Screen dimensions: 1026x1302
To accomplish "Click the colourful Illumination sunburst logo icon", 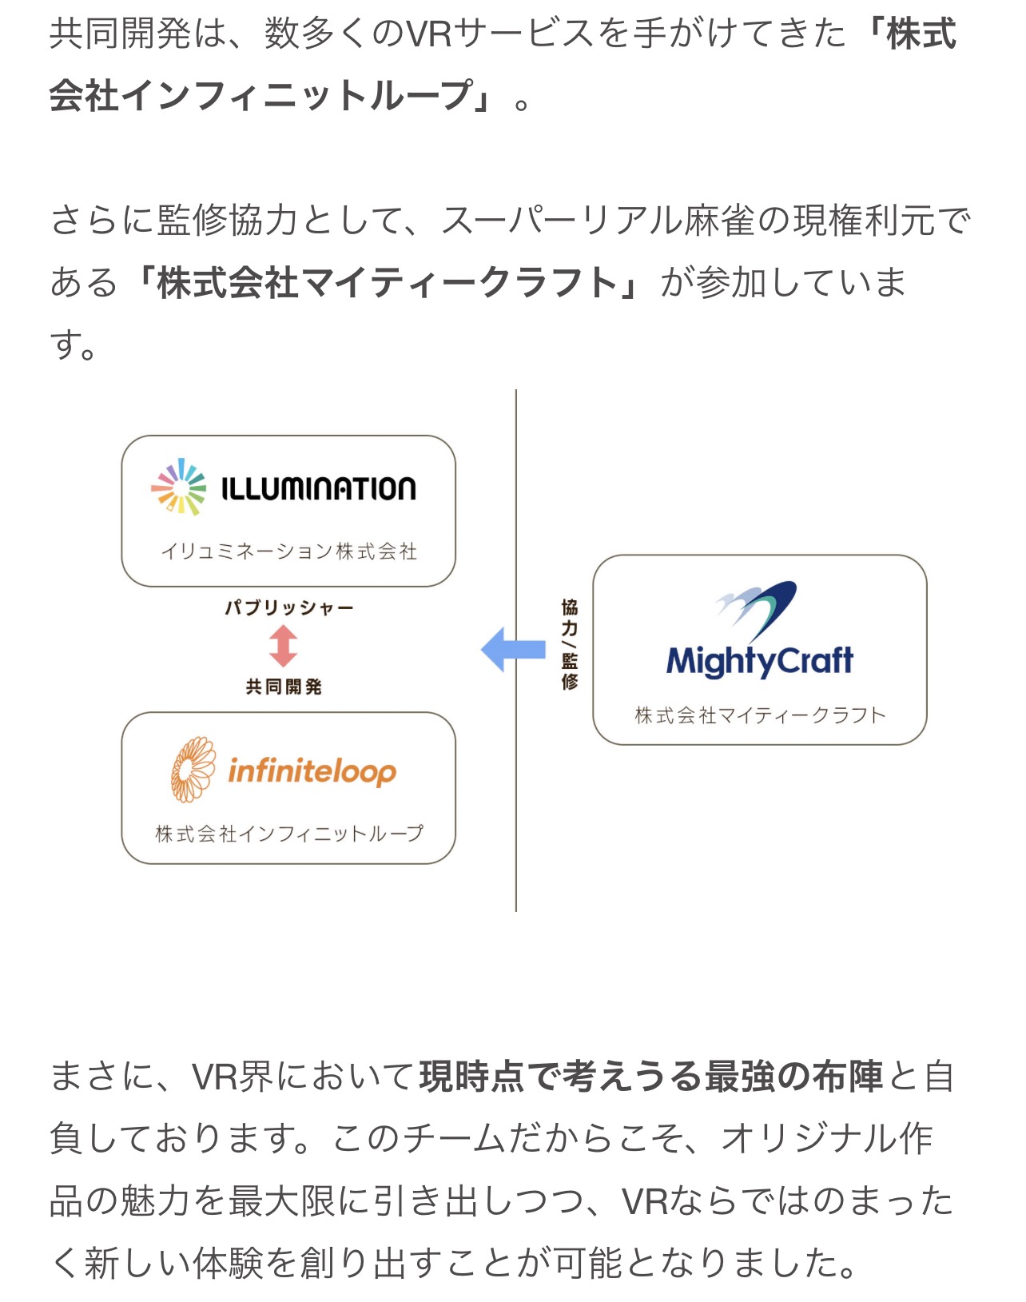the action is click(x=178, y=487).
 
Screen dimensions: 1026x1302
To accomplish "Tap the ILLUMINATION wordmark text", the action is click(x=319, y=489).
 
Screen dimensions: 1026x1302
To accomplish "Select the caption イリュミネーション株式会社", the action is click(x=289, y=551).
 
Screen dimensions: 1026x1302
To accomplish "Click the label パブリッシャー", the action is click(x=289, y=607).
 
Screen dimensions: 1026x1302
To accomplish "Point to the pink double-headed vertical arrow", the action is click(x=283, y=646).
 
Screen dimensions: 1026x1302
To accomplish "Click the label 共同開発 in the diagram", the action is click(x=284, y=687).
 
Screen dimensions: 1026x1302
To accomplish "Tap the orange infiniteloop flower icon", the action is click(x=193, y=770).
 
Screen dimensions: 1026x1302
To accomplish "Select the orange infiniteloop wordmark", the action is click(x=312, y=771).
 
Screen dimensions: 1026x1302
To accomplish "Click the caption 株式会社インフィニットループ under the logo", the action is click(x=289, y=834).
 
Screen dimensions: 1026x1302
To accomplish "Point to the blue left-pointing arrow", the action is click(x=513, y=649).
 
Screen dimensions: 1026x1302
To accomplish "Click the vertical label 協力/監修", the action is click(x=569, y=644).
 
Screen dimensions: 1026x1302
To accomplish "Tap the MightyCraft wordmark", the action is click(x=760, y=661).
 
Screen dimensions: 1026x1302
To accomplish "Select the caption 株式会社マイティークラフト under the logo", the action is click(x=761, y=715).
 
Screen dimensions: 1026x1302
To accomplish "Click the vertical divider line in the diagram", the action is click(x=516, y=651).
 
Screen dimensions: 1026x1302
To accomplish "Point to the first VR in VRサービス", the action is click(x=430, y=34).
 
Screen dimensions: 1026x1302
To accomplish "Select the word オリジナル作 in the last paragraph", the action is click(x=827, y=1139).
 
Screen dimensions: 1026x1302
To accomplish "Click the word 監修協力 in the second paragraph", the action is click(x=228, y=220).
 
